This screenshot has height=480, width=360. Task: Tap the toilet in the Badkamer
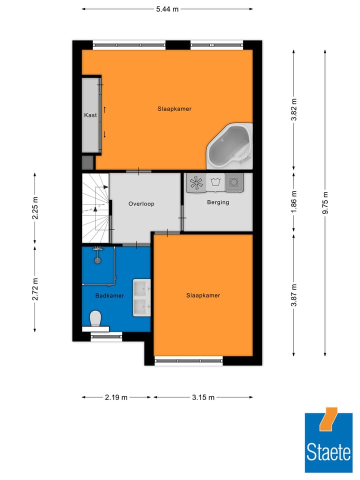(x=95, y=318)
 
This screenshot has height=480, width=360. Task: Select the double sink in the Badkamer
(x=141, y=298)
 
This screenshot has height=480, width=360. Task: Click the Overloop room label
(x=141, y=203)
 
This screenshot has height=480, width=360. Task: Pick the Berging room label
(x=218, y=202)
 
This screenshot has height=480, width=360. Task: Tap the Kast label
(x=90, y=115)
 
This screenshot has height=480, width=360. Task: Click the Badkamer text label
(x=109, y=295)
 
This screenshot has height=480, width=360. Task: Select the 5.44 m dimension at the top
(x=167, y=8)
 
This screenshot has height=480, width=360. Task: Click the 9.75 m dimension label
(x=326, y=202)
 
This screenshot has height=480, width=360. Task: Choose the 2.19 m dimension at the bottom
(x=116, y=397)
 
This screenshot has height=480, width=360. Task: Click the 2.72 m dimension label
(x=35, y=288)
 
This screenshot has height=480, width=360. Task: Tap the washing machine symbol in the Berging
(x=233, y=182)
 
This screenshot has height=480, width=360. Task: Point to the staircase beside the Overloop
(x=95, y=207)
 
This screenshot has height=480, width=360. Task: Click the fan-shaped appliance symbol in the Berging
(x=196, y=182)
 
